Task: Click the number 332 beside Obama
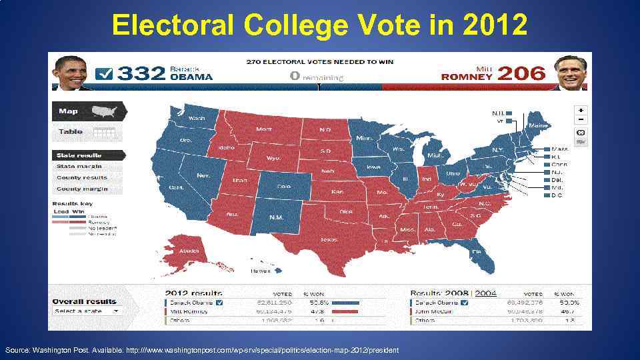(140, 73)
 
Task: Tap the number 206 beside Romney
(521, 73)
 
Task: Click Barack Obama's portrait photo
(72, 73)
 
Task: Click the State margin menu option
(79, 166)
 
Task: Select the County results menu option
(82, 177)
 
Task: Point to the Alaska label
(189, 251)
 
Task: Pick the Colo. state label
(283, 187)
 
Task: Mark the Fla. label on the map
(476, 251)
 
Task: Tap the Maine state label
(538, 125)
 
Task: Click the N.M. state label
(276, 217)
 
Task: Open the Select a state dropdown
(87, 311)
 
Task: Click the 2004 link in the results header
(485, 293)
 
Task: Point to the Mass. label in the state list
(560, 149)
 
